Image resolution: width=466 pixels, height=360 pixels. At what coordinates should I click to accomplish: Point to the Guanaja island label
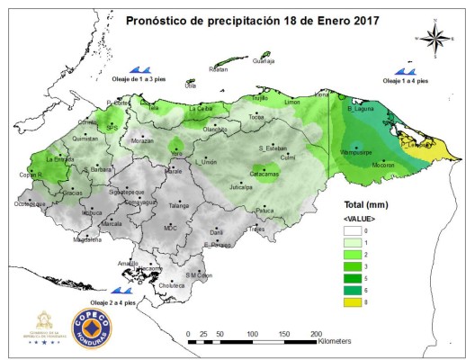[264, 61]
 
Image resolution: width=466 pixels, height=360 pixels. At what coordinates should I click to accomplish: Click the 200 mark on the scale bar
[317, 334]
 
